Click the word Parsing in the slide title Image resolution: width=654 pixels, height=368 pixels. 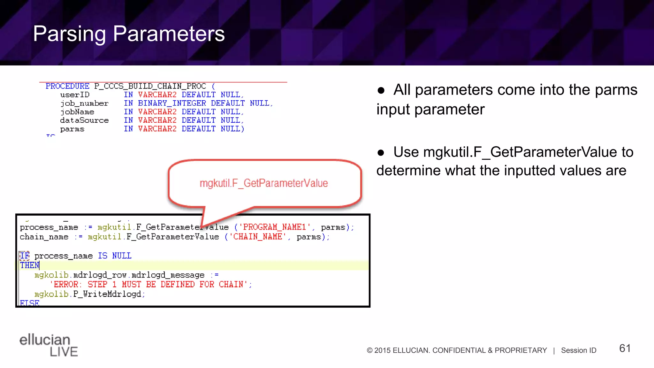(69, 34)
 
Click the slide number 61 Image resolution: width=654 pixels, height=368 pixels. (625, 348)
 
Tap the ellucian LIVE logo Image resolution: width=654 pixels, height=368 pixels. (48, 345)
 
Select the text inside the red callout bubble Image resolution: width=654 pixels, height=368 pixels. (264, 183)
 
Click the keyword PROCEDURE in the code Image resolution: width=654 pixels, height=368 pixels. (67, 86)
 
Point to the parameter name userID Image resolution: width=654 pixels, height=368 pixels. (75, 95)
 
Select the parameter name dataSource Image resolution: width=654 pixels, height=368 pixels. (84, 120)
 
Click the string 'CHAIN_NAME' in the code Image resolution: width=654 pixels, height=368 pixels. (257, 237)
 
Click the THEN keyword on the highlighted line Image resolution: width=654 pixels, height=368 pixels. (29, 265)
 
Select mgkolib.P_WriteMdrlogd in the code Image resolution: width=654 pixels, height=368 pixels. (89, 294)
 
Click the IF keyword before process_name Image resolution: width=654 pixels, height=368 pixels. (25, 256)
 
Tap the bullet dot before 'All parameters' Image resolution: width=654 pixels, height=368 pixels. (381, 90)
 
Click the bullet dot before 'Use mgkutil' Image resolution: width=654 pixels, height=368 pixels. (381, 153)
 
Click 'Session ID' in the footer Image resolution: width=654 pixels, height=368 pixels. (578, 350)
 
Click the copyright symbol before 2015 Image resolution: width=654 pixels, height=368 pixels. (369, 350)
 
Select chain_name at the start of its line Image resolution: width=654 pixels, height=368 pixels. (44, 237)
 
